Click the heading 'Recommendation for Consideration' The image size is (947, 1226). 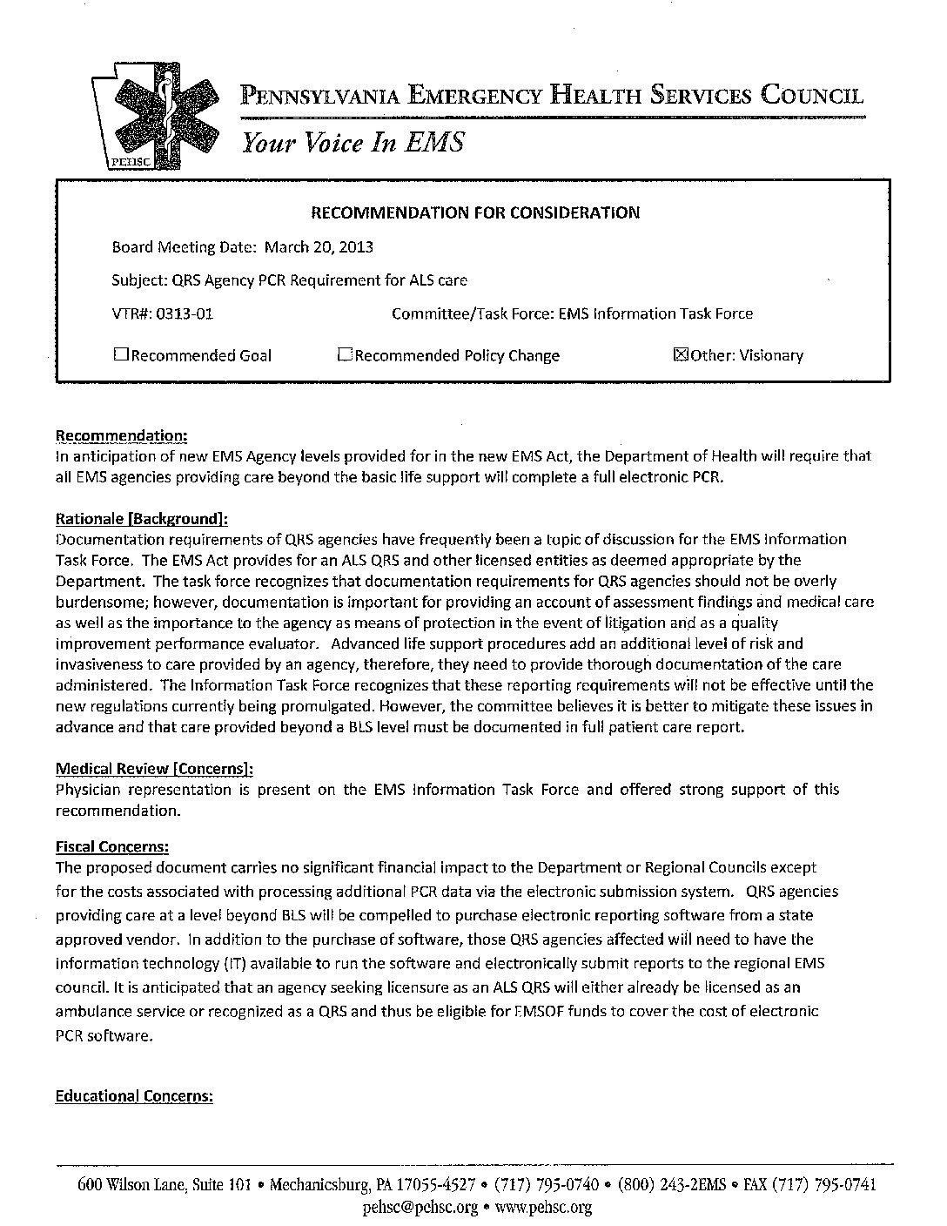475,212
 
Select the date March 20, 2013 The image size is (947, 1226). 319,247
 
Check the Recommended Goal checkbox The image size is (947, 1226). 120,354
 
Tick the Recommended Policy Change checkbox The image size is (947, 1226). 345,354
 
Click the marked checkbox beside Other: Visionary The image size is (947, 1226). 682,354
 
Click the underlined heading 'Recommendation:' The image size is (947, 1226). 121,435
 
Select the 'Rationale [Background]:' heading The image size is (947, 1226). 142,519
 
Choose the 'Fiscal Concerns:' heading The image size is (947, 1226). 112,846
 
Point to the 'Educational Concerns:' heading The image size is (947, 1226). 134,1096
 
